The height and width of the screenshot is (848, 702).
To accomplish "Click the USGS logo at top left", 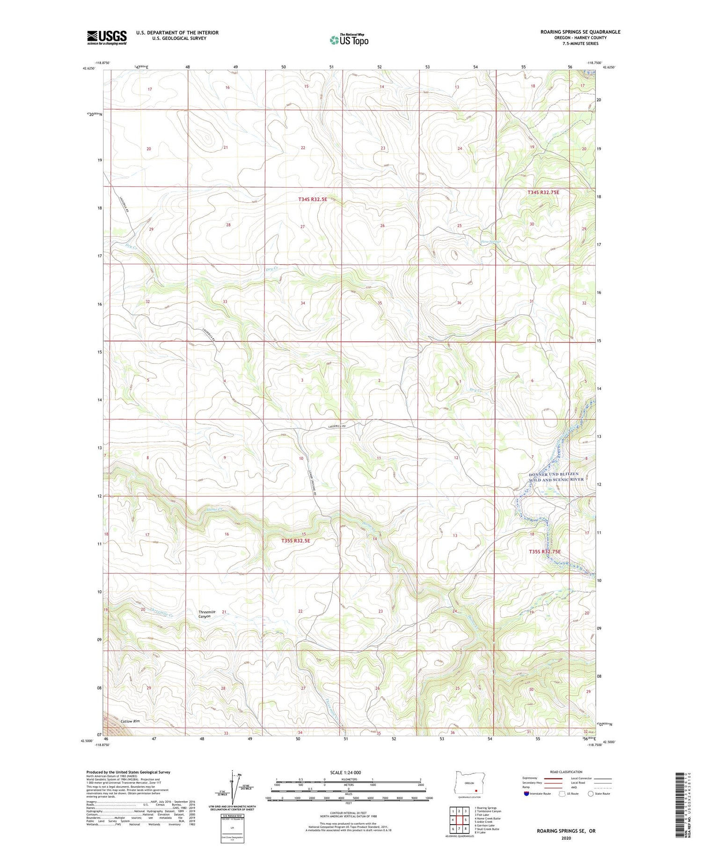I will (x=107, y=37).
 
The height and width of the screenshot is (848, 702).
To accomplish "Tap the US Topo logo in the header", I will (x=349, y=40).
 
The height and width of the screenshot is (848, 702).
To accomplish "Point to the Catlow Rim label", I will (x=130, y=721).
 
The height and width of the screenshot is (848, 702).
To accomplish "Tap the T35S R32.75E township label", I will (x=544, y=551).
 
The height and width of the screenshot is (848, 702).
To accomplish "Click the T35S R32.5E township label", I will (x=295, y=541).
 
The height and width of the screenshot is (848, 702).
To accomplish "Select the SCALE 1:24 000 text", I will (x=345, y=772).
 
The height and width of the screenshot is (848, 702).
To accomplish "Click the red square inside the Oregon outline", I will (x=476, y=791).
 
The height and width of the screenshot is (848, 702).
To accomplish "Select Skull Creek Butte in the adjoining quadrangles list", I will (x=487, y=829).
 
